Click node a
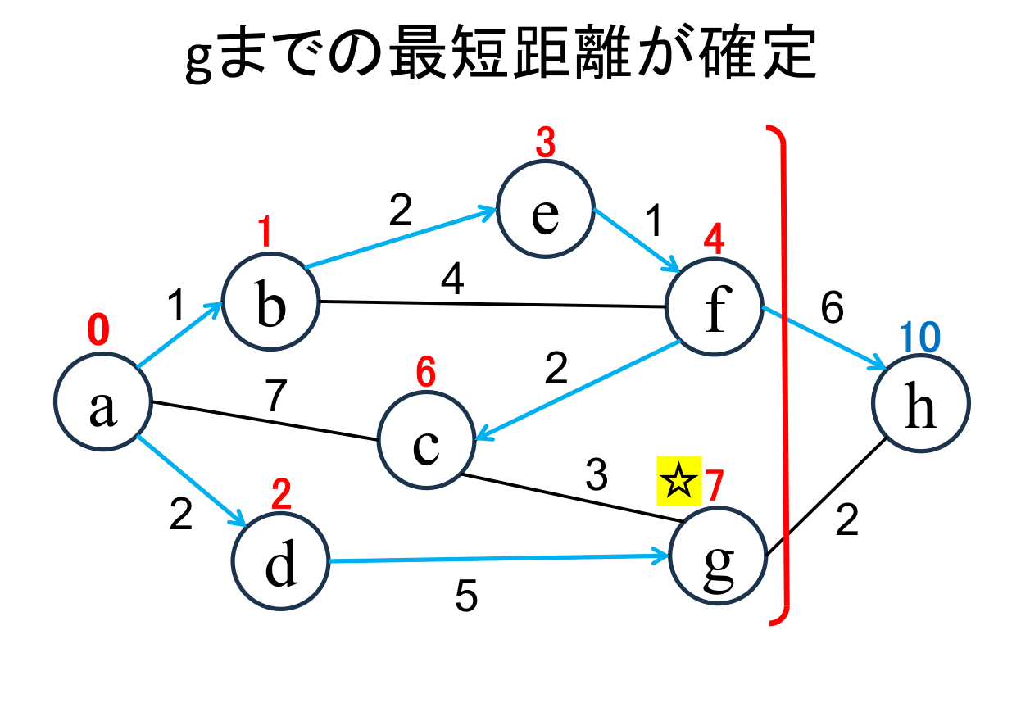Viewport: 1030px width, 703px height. point(102,403)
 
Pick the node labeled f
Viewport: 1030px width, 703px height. point(715,309)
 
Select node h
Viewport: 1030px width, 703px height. point(921,403)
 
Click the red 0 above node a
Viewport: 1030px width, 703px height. point(98,330)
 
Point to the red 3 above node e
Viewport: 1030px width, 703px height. point(545,145)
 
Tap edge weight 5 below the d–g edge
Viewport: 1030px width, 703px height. point(465,597)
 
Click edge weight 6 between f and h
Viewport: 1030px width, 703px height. point(832,309)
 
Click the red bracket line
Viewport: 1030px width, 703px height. point(785,369)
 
